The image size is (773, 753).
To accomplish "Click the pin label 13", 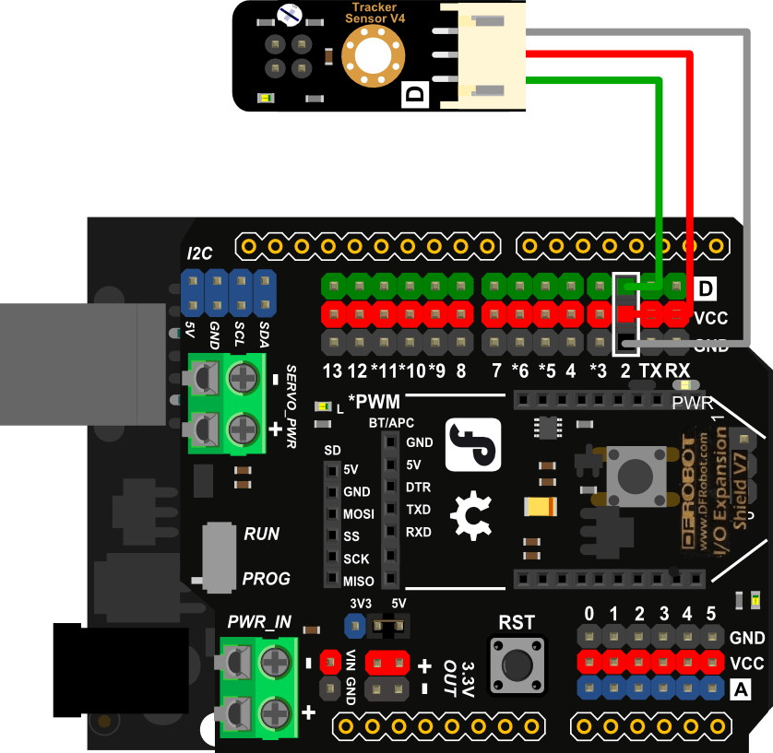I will (x=332, y=371).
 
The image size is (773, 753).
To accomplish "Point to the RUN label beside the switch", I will (x=261, y=535).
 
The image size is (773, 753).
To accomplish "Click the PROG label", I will (x=266, y=579).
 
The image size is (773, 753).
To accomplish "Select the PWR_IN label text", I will (x=260, y=622).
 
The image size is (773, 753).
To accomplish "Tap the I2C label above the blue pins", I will (x=199, y=253).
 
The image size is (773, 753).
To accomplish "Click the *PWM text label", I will (x=375, y=402).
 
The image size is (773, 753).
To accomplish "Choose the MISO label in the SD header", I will (x=358, y=582).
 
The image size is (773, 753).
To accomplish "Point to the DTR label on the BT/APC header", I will (x=418, y=487).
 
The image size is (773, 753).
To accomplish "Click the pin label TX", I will (x=650, y=371).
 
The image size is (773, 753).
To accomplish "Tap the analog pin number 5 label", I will (x=710, y=614).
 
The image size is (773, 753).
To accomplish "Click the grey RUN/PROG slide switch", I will (x=218, y=557).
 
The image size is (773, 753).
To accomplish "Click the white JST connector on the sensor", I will (x=483, y=54).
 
